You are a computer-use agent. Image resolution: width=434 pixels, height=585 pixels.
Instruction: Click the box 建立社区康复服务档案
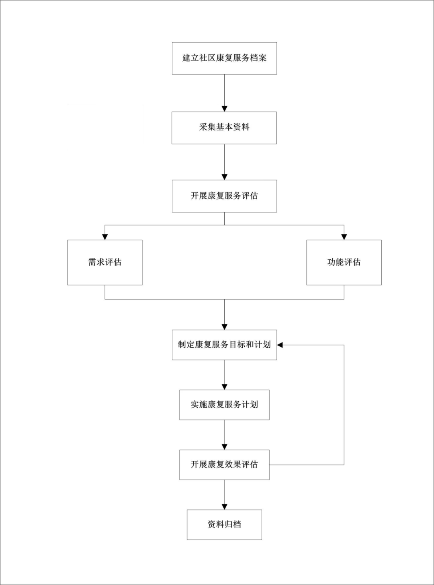point(224,58)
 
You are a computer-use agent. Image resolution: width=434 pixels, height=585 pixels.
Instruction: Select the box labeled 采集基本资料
point(224,128)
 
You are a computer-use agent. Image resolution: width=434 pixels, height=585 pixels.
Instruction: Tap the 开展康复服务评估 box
point(224,196)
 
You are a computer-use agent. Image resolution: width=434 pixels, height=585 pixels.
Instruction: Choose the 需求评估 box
point(105,263)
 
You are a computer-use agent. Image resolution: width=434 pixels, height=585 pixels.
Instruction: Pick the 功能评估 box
point(344,263)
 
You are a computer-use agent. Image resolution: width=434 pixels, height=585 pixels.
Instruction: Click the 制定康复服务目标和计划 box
point(224,345)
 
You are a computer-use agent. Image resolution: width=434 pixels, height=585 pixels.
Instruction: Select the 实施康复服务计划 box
point(224,405)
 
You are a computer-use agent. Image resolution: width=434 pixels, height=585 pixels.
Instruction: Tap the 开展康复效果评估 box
point(224,465)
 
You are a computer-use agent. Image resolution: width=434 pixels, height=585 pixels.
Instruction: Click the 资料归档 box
point(224,525)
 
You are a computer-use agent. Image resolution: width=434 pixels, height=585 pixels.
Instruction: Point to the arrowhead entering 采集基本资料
point(224,109)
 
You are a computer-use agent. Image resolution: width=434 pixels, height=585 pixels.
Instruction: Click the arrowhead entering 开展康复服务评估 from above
point(224,177)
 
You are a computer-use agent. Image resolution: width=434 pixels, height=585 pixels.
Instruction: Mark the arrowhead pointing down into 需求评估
point(105,237)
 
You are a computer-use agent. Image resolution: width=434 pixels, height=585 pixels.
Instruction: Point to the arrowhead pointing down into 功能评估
point(344,237)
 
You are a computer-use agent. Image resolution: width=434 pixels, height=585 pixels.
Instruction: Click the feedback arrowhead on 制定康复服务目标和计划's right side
point(280,345)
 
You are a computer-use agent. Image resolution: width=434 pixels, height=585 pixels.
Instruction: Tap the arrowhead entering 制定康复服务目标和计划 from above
point(224,327)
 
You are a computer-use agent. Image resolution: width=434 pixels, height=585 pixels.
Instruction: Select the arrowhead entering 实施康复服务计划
point(224,387)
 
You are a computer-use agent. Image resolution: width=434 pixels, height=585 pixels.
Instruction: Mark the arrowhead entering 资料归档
point(224,507)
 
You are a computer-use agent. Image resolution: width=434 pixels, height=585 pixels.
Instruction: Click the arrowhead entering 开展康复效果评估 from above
point(224,447)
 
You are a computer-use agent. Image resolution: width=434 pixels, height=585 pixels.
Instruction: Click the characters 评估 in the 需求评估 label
point(113,263)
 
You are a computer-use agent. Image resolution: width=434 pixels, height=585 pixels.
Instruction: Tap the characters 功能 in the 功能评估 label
point(336,263)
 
